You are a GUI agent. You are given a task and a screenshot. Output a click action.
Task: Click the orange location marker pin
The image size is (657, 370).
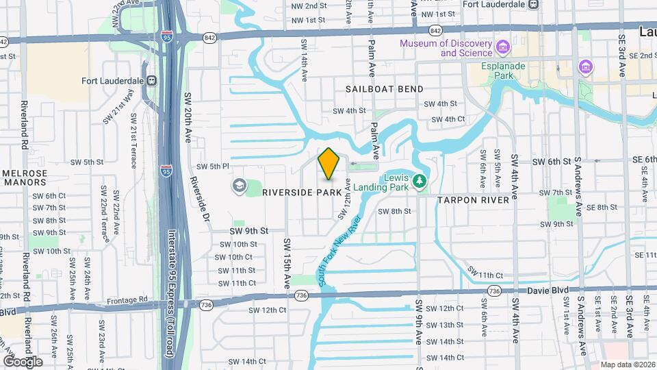pos(329,163)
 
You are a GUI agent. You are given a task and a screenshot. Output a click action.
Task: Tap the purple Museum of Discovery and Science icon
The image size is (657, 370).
pos(504,47)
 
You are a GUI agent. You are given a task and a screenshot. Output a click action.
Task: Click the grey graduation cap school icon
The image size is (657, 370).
pos(239,185)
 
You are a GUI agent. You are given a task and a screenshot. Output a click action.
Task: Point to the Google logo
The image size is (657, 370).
pos(22,361)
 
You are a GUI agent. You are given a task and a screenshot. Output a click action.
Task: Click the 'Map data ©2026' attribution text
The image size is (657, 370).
pos(627,365)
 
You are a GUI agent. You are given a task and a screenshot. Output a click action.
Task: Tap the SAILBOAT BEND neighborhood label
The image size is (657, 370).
pos(384,89)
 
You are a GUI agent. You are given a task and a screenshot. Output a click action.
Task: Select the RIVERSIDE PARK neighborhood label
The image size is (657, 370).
pos(302,193)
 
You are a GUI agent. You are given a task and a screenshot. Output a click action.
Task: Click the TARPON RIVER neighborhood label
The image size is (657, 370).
pos(473,200)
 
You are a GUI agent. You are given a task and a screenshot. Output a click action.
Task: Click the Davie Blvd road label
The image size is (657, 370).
pos(547,291)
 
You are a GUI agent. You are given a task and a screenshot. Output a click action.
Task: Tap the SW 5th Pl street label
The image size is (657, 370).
pos(212,166)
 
